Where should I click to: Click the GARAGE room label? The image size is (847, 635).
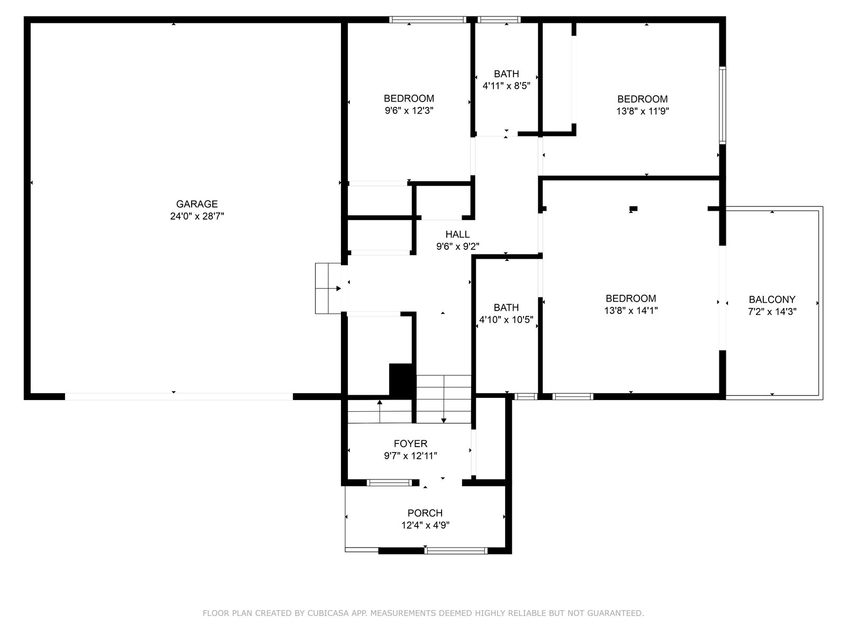197,204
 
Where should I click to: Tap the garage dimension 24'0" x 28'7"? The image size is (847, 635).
197,216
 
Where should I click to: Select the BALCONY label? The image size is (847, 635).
772,300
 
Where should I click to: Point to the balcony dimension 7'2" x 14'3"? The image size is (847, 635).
772,312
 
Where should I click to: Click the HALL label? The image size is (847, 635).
457,234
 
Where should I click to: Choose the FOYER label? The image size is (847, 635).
410,444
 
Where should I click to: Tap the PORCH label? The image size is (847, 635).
425,513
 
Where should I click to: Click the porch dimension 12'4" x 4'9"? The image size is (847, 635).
425,525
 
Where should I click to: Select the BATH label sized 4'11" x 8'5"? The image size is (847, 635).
506,74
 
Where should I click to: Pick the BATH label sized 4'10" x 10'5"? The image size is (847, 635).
506,307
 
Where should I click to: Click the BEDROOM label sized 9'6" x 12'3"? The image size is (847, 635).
409,99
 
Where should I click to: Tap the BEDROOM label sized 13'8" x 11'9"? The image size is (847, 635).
643,99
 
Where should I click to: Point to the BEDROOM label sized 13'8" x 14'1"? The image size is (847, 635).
631,298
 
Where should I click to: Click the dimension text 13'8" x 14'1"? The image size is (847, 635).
631,311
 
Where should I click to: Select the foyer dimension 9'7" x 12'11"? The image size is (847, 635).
410,456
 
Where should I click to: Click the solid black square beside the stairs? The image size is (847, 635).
401,380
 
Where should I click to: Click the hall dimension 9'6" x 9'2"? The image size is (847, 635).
458,247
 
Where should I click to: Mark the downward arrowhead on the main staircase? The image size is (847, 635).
444,421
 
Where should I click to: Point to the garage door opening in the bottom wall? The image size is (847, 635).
178,397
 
